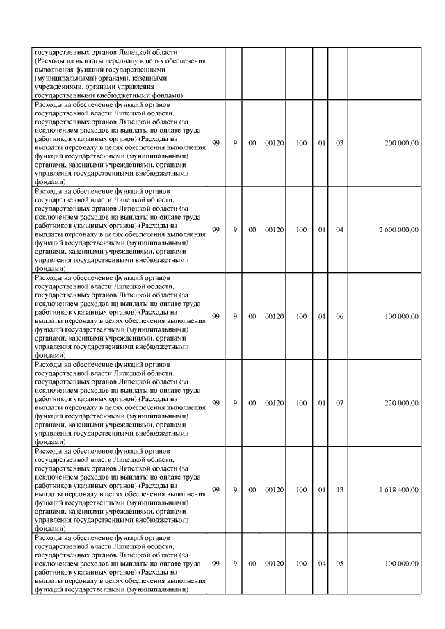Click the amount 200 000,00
point(401,143)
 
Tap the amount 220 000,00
point(401,403)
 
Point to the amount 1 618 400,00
point(399,490)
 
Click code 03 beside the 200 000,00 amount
point(340,143)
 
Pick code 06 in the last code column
point(340,317)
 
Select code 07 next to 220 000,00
point(340,403)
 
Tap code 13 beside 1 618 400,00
point(340,490)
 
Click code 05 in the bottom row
point(340,564)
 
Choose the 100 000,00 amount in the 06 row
point(401,317)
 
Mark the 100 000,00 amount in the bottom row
point(401,564)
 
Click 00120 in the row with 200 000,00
point(275,143)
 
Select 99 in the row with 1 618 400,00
point(216,490)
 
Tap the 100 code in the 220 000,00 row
point(301,403)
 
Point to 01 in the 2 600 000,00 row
point(321,230)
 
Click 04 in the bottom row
point(321,564)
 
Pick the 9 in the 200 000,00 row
point(235,143)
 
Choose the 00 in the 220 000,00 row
point(252,403)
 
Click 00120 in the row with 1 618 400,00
point(275,490)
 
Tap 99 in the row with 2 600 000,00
point(216,230)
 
